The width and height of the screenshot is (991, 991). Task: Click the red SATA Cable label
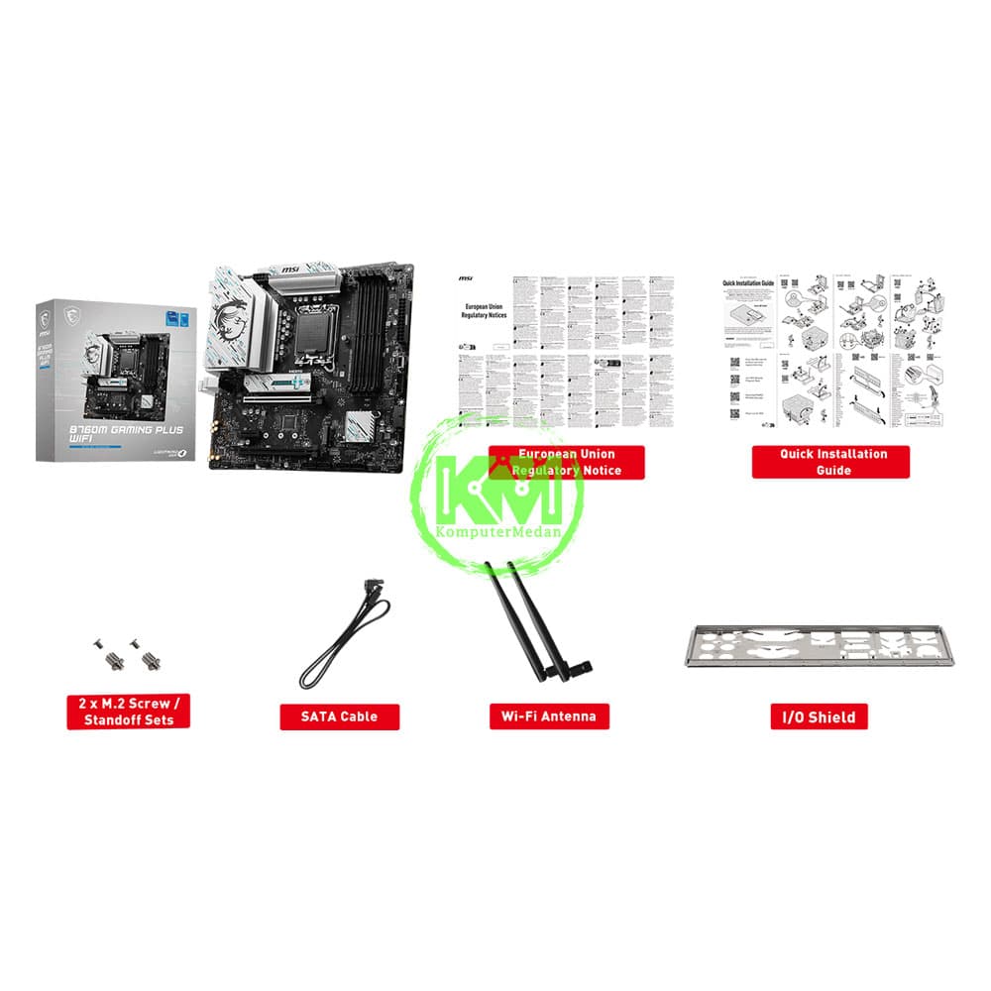(340, 716)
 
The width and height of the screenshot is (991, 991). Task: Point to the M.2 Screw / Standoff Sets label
(128, 712)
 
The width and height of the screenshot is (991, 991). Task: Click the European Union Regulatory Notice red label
(567, 462)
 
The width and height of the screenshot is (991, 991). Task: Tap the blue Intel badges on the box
(178, 319)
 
